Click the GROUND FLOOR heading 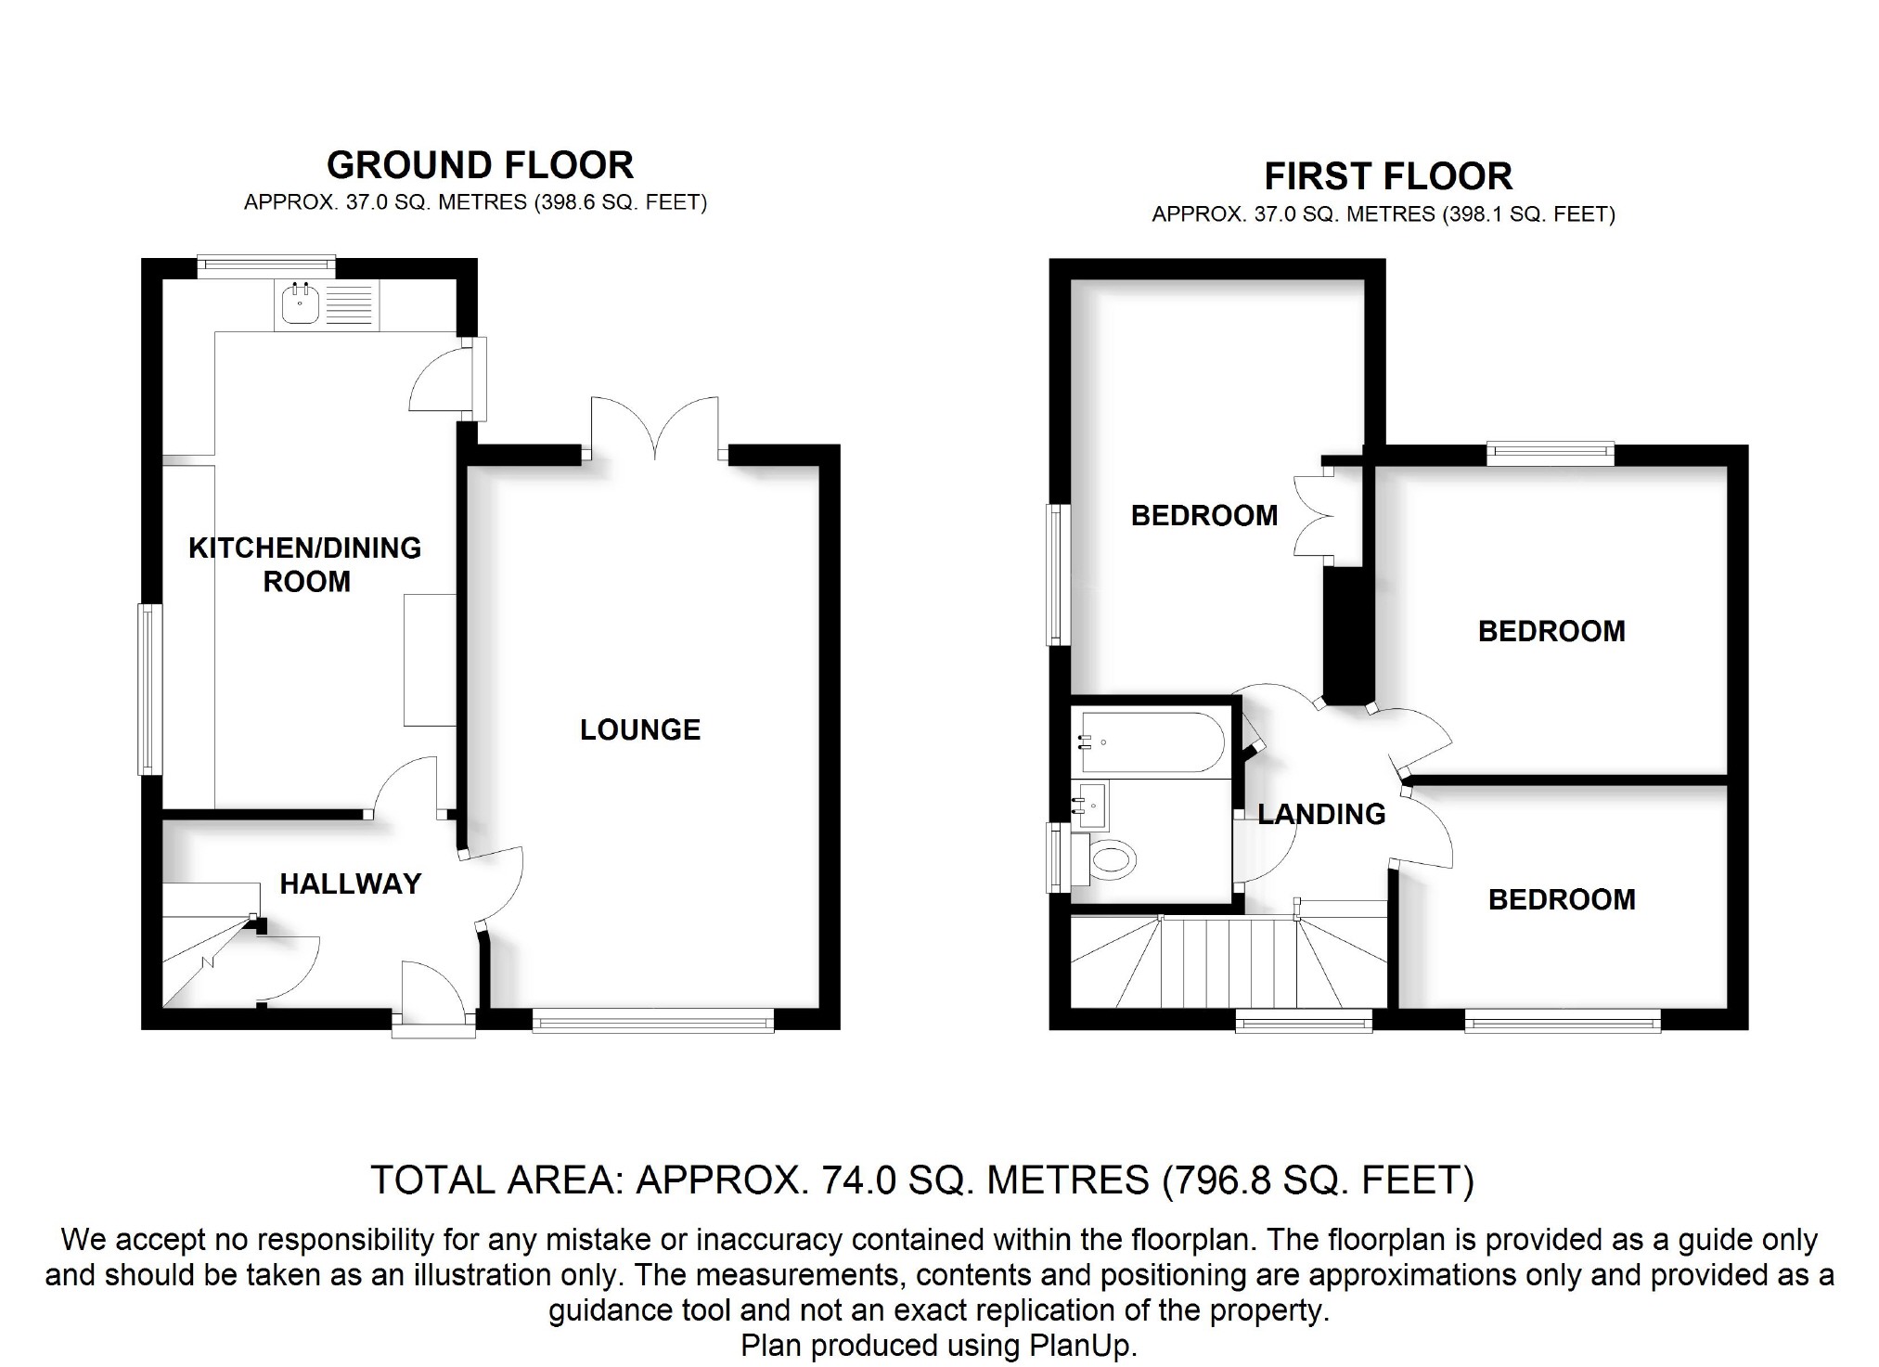tap(480, 165)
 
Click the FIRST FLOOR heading tap(1388, 176)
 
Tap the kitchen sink tap(299, 304)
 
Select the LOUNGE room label tap(640, 730)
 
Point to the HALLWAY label tap(351, 883)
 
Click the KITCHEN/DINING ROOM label tap(305, 564)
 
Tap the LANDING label tap(1321, 814)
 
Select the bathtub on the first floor tap(1148, 742)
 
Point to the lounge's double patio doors tap(655, 428)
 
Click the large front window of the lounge tap(653, 1022)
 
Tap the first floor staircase tap(1228, 961)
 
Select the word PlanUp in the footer tap(1080, 1345)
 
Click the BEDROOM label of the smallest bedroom tap(1562, 899)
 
